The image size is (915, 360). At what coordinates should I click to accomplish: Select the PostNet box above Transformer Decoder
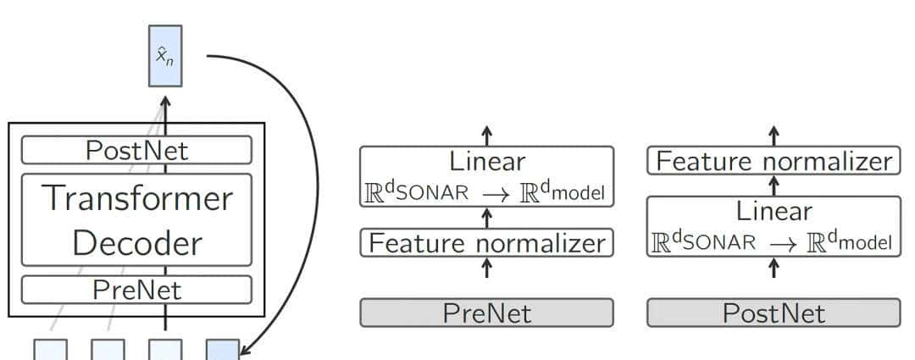136,150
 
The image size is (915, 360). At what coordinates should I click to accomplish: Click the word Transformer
136,198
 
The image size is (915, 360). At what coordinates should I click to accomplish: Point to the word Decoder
136,243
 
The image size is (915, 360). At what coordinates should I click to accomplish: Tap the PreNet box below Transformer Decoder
136,291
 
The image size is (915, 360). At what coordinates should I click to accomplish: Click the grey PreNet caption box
486,313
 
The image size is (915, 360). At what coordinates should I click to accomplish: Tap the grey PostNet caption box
774,313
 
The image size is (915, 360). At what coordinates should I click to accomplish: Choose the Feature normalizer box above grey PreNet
486,243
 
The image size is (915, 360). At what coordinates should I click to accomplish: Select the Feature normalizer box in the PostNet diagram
774,161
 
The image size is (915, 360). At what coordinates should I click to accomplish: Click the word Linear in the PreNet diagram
486,161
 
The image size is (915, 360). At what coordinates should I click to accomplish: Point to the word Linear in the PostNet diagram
774,209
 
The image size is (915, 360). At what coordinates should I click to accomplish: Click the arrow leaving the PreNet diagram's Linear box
486,135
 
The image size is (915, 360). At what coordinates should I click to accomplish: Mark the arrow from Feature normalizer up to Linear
486,217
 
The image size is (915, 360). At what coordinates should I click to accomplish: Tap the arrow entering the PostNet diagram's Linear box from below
774,268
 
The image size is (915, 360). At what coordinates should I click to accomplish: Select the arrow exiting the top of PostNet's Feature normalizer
774,135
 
